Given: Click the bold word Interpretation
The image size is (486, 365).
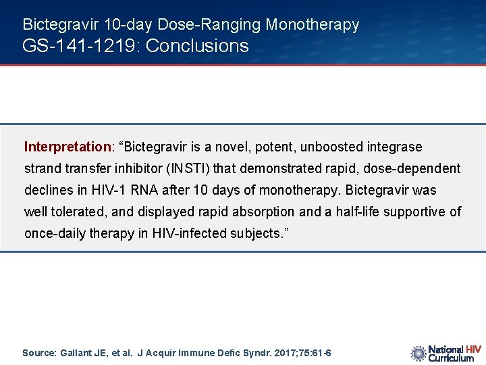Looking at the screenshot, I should [x=67, y=147].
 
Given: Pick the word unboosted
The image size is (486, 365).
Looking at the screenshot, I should [x=331, y=147].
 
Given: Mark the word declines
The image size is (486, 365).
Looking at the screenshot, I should [x=47, y=190].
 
